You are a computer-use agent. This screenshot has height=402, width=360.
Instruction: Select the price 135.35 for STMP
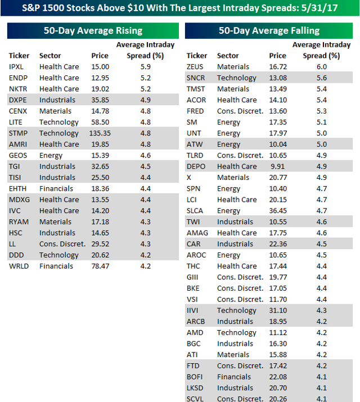[x=100, y=133]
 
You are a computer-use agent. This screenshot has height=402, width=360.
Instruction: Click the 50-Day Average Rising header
[x=93, y=30]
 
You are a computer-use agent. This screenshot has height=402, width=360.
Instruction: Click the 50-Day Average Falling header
[x=269, y=30]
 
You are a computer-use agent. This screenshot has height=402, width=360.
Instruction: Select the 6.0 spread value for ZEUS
[x=322, y=66]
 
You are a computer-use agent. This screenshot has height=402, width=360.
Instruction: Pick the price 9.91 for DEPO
[x=278, y=166]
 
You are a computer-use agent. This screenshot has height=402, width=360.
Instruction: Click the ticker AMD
[x=195, y=332]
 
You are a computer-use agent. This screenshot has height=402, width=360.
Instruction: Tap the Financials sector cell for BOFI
[x=234, y=377]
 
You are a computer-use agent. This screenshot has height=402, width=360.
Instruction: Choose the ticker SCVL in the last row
[x=196, y=399]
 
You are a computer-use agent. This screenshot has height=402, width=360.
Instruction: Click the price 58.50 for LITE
[x=100, y=122]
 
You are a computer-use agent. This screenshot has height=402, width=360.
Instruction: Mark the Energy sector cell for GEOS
[x=51, y=155]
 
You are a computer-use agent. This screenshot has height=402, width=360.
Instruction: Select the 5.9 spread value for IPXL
[x=145, y=66]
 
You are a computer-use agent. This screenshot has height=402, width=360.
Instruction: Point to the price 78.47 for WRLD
[x=100, y=266]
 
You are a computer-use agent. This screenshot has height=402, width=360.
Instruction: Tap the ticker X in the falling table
[x=189, y=177]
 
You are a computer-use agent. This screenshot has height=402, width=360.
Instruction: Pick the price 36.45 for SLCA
[x=277, y=210]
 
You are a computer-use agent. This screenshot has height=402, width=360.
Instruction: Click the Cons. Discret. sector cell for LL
[x=62, y=244]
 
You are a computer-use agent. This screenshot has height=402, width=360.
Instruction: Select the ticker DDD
[x=17, y=255]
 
